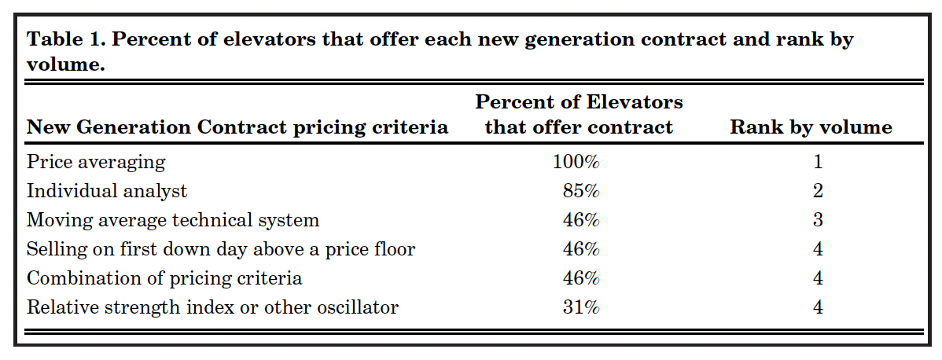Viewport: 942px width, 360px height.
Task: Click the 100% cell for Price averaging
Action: click(x=576, y=162)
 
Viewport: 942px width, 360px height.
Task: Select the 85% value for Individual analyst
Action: click(x=582, y=191)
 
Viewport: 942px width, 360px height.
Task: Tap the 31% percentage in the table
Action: click(x=582, y=307)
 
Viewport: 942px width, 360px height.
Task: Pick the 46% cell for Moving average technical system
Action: click(x=582, y=220)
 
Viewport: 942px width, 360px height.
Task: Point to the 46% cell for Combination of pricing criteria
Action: click(x=582, y=278)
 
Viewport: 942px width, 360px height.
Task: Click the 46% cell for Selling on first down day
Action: click(x=582, y=249)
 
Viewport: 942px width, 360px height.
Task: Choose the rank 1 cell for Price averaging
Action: click(x=818, y=162)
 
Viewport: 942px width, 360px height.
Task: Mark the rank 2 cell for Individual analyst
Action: click(x=818, y=191)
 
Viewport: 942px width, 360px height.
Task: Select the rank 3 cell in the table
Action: click(x=818, y=220)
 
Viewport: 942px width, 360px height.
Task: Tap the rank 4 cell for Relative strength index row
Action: click(x=818, y=307)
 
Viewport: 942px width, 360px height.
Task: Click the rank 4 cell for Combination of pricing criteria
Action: click(x=818, y=278)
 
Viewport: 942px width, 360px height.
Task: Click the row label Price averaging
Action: click(x=96, y=162)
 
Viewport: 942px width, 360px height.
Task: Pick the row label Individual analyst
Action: click(x=107, y=191)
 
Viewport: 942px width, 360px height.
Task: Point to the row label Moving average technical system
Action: click(x=173, y=220)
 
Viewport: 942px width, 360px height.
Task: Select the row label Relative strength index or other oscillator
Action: click(x=212, y=307)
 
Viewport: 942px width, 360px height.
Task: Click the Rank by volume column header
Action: click(x=811, y=127)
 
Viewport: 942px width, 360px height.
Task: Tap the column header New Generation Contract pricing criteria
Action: click(x=237, y=127)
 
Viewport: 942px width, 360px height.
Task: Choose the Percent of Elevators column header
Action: click(x=579, y=115)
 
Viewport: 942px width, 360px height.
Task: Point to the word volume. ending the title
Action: click(x=66, y=64)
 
